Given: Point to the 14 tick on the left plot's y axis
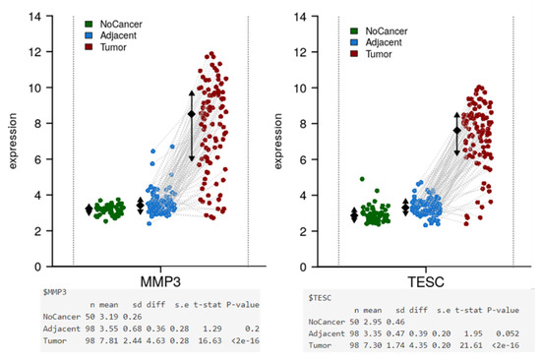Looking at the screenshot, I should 33,17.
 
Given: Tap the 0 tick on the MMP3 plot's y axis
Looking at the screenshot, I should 37,267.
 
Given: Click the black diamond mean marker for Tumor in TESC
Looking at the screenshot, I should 456,130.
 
